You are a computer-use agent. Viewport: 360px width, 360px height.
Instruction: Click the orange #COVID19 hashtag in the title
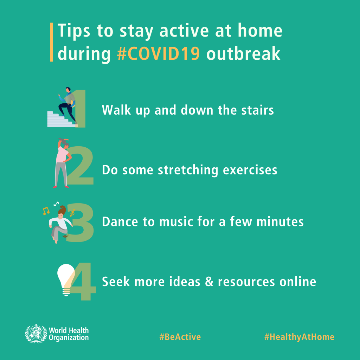pyautogui.click(x=159, y=54)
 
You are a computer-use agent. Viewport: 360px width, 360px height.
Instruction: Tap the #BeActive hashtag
pyautogui.click(x=180, y=337)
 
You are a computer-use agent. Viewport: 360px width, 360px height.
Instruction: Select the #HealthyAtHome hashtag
pyautogui.click(x=299, y=337)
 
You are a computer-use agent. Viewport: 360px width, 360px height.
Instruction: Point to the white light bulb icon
pyautogui.click(x=65, y=278)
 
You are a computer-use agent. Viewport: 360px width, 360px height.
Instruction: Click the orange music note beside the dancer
pyautogui.click(x=45, y=211)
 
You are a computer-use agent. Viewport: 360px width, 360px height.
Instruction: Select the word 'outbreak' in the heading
pyautogui.click(x=243, y=54)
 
